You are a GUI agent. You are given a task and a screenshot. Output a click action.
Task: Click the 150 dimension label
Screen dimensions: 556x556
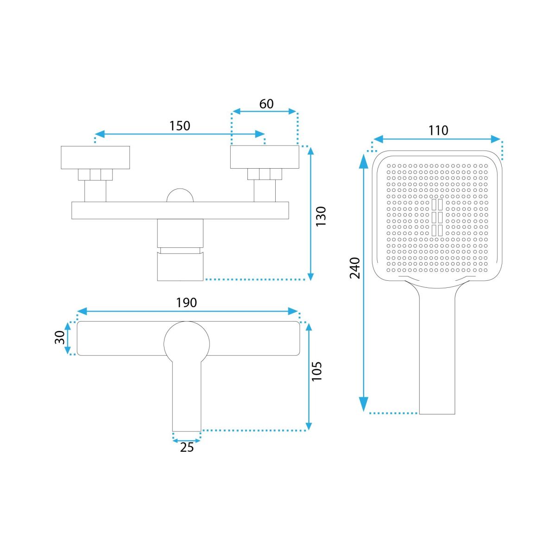[x=179, y=126]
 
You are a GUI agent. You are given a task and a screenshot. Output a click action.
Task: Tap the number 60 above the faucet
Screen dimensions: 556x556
[x=266, y=104]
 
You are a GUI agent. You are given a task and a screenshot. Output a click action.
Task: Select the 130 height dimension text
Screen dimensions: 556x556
[x=321, y=216]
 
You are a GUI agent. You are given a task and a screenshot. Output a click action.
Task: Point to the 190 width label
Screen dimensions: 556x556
[x=186, y=303]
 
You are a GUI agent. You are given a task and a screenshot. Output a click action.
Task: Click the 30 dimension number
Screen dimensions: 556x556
[x=59, y=337]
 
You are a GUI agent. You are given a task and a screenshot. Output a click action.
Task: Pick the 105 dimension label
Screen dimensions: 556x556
[x=316, y=371]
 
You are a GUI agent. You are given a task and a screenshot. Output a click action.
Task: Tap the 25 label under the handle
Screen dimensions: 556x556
[x=187, y=447]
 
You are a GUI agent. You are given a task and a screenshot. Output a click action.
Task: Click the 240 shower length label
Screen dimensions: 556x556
[x=354, y=268]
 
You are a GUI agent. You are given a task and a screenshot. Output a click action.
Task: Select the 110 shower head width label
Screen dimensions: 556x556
[x=438, y=130]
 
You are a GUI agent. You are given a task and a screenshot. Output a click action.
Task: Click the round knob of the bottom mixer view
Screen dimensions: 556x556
[x=187, y=344]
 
